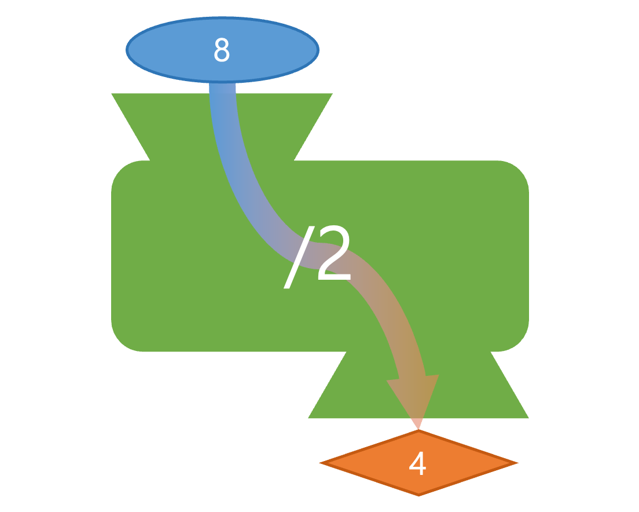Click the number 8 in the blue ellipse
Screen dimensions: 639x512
(222, 51)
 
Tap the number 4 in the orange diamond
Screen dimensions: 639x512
(417, 463)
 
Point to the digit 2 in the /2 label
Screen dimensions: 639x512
(334, 255)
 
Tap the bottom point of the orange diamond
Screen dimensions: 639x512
(418, 494)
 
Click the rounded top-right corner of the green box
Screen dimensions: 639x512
(519, 170)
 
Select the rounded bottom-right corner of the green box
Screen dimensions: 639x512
(519, 341)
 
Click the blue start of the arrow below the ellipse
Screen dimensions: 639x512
(223, 90)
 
